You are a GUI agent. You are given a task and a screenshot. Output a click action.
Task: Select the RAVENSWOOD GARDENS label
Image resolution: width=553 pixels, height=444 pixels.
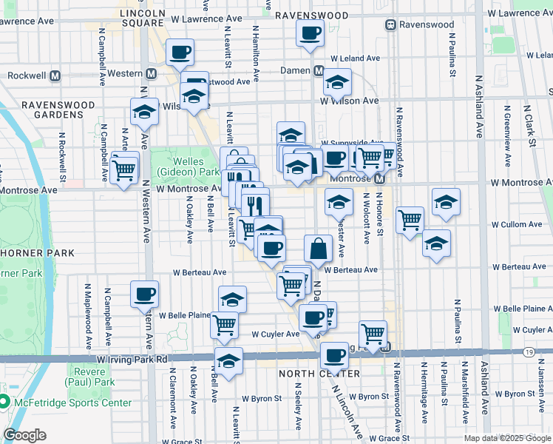58,111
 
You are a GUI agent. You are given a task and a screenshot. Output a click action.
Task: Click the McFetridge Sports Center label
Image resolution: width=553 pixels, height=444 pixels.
72,403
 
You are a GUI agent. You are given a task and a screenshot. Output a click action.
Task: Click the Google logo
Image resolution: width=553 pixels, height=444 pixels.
24,435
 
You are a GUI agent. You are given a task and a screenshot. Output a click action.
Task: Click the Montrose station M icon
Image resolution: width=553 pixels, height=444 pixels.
379,179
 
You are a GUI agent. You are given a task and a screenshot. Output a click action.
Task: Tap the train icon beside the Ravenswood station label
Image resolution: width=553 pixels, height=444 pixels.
390,24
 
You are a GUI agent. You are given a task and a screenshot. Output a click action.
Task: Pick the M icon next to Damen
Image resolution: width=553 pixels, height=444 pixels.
318,70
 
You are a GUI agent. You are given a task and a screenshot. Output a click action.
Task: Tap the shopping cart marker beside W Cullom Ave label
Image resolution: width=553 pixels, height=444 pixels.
410,220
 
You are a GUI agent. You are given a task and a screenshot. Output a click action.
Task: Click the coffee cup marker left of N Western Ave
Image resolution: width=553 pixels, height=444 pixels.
143,294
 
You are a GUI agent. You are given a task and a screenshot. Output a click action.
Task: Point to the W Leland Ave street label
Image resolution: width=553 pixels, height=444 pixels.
355,58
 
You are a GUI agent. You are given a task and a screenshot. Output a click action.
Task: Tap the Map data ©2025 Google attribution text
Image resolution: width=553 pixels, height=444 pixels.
506,438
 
